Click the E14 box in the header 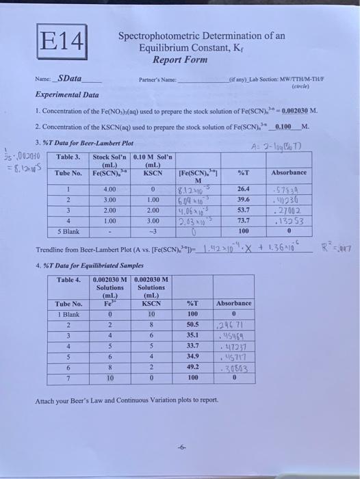coord(60,44)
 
